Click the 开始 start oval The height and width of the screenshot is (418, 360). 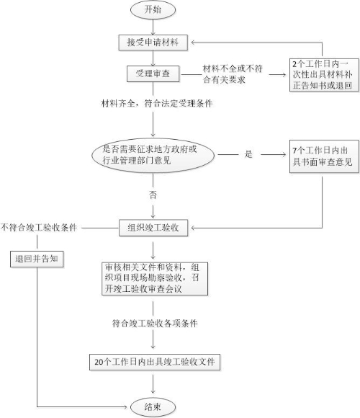153,10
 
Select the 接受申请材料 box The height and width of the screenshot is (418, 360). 153,43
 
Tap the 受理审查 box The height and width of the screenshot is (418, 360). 153,74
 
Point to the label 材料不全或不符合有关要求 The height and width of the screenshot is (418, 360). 233,74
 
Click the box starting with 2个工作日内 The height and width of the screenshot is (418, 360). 324,75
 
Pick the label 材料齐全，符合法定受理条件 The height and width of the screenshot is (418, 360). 157,103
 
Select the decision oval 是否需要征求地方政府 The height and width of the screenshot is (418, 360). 153,155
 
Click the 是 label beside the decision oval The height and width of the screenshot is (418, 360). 248,154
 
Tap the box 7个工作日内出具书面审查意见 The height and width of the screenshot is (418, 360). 324,156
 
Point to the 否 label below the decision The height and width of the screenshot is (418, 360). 153,195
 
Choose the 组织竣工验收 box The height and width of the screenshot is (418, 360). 153,228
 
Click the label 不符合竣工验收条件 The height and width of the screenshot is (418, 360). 39,228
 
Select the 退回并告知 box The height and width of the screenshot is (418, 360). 37,259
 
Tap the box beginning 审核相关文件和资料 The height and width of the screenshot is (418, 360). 155,279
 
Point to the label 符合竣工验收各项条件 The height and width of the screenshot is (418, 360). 155,324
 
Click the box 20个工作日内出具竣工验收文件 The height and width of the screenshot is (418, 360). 155,362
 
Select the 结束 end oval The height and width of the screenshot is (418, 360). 153,406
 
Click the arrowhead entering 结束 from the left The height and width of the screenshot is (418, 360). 125,406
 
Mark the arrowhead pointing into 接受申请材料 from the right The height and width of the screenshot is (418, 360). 193,42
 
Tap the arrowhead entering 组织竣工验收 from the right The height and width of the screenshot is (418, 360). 193,228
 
